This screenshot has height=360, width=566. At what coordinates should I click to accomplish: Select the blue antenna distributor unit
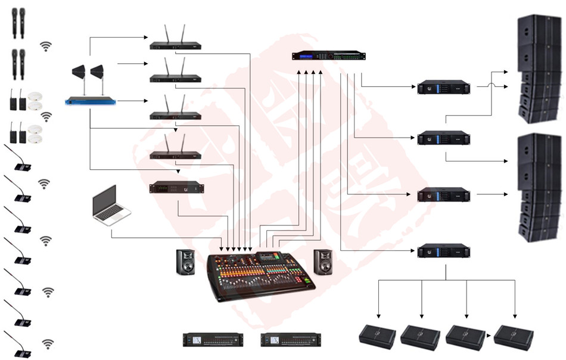coord(90,101)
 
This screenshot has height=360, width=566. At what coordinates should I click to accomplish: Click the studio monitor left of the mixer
coord(185,262)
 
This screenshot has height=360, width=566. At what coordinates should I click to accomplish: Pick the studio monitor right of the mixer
coord(323,262)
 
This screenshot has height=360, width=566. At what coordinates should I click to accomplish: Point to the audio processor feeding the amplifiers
coord(328,56)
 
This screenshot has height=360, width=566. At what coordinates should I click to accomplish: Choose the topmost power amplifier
coord(443,87)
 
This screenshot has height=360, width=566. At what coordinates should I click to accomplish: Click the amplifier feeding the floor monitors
coord(443,250)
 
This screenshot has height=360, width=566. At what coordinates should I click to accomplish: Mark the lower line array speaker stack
coord(540,187)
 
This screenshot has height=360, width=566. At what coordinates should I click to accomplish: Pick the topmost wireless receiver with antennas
coord(175,45)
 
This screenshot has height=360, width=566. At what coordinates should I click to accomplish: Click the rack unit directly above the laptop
coord(176,188)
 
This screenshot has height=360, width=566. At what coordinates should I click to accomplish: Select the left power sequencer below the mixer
coord(213,340)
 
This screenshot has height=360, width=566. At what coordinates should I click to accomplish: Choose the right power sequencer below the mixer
coord(290,340)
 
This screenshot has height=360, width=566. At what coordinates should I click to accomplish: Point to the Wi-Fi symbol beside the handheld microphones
coord(45,46)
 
